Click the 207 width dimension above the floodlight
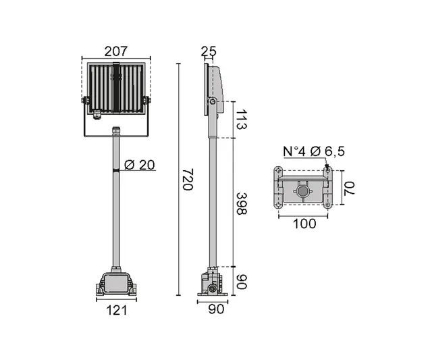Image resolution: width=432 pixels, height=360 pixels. coord(115,51)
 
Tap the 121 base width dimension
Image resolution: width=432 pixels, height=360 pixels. coord(115,311)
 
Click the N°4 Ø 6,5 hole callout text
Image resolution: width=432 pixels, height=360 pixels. coord(313,152)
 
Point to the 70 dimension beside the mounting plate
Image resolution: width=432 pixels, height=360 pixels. coord(348,188)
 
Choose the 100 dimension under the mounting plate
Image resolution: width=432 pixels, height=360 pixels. coord(305,224)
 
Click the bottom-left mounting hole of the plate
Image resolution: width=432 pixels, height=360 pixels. coord(277,205)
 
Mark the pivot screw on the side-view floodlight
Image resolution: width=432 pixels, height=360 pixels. coord(212,102)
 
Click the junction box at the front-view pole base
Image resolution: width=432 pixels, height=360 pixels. coord(115,282)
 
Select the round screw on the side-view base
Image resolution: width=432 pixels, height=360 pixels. coord(214,289)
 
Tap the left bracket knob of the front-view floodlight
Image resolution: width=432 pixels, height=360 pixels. coord(86,101)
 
